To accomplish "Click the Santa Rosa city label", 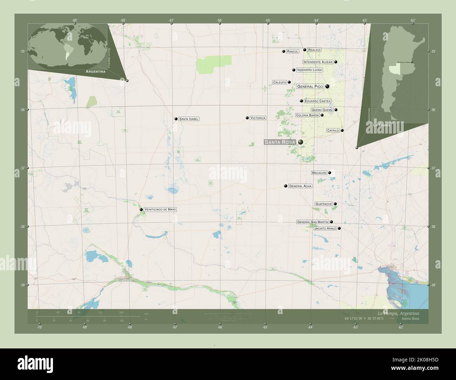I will coord(280,142).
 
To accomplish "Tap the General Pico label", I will coord(310,86).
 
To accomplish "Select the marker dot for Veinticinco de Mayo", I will coord(141,210).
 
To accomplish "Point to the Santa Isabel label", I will coord(189,119).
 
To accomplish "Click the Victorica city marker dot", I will coord(247,118).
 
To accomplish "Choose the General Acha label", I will coord(300,186).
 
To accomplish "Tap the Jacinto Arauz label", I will coord(326,229).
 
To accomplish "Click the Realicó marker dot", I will coord(305,50).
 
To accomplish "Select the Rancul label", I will coord(292,52).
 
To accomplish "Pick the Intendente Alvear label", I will coord(317,62).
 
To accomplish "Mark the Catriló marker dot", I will coord(342,130).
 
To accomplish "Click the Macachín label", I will coord(319,173).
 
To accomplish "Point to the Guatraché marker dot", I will coord(335,204).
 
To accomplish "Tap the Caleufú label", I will coord(280,82).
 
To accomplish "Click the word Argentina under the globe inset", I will coord(96,72).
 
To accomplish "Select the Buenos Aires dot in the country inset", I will coord(412,62).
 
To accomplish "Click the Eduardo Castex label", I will coord(317,101).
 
